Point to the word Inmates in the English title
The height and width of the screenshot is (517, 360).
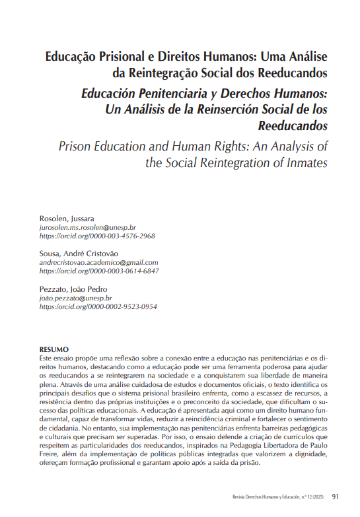(304, 162)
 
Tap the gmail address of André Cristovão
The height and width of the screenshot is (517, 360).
(99, 262)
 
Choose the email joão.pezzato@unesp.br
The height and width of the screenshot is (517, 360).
(77, 298)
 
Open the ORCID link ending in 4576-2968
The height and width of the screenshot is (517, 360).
(97, 236)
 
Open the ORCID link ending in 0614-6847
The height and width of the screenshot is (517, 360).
(99, 271)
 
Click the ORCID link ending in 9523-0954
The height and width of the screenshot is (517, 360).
(98, 307)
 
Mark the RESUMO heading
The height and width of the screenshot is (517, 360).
(54, 349)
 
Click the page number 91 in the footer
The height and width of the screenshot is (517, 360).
(336, 497)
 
